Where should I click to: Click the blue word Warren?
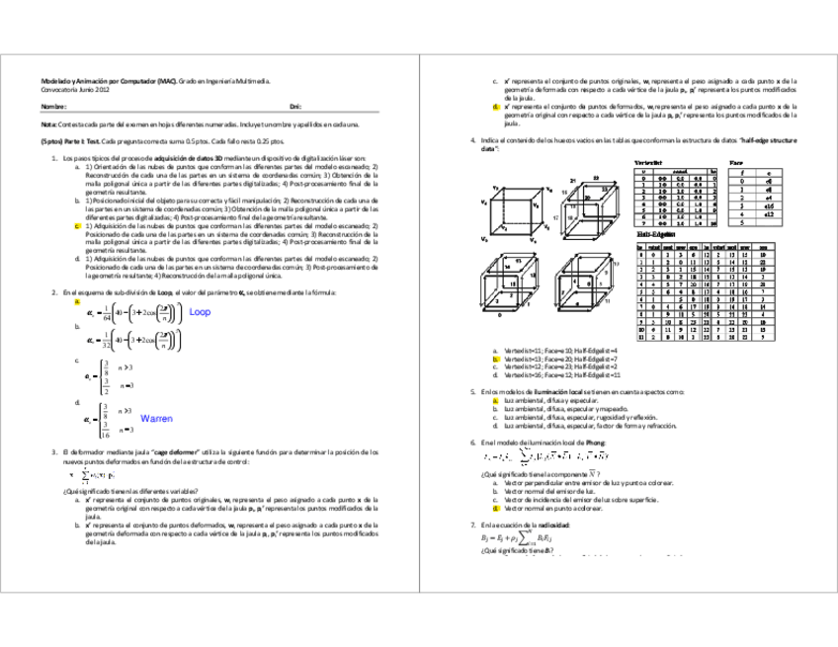click(157, 419)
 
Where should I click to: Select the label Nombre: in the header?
click(53, 105)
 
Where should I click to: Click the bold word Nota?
click(48, 124)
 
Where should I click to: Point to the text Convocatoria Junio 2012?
click(68, 89)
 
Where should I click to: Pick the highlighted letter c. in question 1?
click(77, 226)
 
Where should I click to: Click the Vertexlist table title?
click(648, 161)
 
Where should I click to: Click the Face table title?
click(735, 161)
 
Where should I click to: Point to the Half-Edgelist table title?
click(651, 236)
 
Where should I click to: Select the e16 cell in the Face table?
click(767, 204)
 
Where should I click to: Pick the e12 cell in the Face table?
click(767, 213)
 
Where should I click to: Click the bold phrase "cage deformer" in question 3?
click(179, 451)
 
